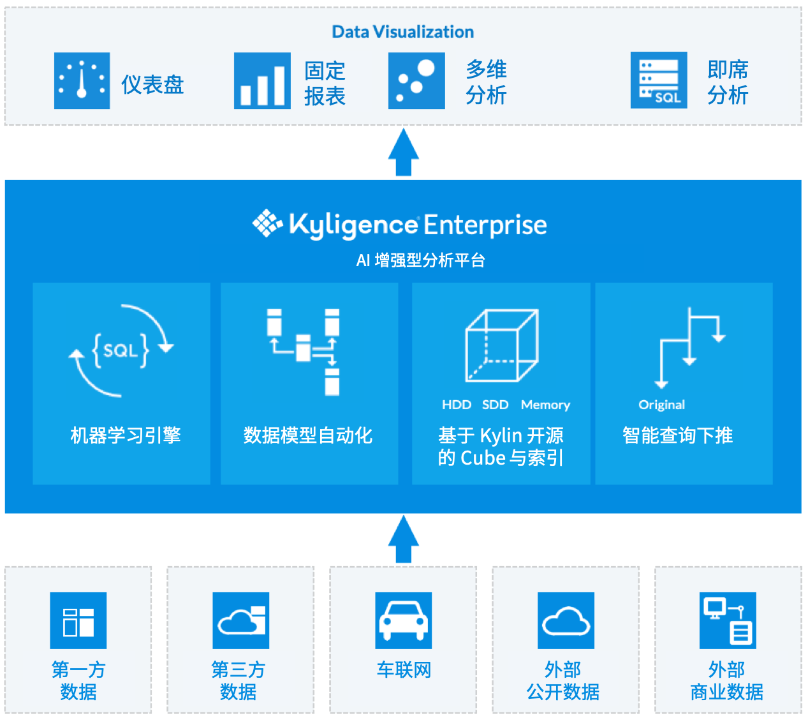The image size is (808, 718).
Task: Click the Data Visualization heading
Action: (x=402, y=32)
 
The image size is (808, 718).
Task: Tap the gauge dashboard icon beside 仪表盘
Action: (x=82, y=81)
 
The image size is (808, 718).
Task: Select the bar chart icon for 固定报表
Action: (x=262, y=81)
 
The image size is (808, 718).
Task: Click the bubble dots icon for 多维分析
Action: (x=416, y=81)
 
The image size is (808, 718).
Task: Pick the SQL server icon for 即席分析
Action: (x=659, y=80)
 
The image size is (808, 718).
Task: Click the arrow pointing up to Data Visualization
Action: (x=404, y=152)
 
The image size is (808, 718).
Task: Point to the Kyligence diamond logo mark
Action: (x=267, y=223)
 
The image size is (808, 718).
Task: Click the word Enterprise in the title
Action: (x=485, y=225)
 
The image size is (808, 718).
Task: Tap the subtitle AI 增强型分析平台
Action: (x=421, y=260)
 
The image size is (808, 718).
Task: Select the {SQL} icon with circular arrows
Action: (x=121, y=350)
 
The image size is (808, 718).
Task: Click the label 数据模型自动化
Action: (x=308, y=436)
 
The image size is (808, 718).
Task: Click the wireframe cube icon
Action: (x=501, y=345)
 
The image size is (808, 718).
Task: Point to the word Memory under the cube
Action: (x=545, y=405)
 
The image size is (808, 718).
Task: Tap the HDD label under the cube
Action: (x=456, y=405)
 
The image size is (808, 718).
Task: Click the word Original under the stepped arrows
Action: (x=661, y=405)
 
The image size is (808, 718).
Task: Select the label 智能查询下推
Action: (x=677, y=436)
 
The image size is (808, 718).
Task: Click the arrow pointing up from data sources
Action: (x=404, y=539)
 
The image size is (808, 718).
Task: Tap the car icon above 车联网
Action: (x=404, y=620)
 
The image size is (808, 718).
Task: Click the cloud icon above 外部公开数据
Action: (x=566, y=620)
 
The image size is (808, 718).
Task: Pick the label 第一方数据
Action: (x=78, y=680)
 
